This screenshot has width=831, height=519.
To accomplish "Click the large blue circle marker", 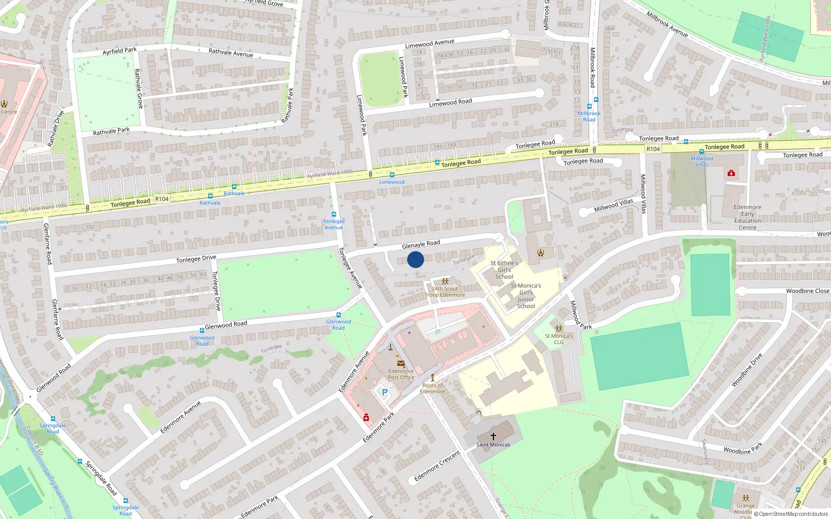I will (415, 259).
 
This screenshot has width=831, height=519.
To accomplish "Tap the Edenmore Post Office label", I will (401, 374).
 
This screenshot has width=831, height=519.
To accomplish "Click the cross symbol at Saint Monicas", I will (493, 436).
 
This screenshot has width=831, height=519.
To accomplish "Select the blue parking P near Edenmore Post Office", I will (385, 392).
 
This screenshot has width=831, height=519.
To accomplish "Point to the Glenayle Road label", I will (421, 244).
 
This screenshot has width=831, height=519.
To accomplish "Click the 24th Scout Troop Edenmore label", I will (445, 292).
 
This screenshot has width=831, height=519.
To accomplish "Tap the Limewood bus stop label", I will (392, 182).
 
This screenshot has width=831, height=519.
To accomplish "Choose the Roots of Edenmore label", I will (433, 388).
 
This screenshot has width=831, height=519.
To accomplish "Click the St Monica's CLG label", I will (559, 339).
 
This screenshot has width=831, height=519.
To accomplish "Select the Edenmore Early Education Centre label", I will (747, 217).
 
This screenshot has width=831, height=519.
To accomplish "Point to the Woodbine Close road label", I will (807, 291).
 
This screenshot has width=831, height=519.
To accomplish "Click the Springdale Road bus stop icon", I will (52, 418).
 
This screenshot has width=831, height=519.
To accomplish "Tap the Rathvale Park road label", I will (111, 131).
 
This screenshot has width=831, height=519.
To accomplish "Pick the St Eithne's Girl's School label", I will (504, 270).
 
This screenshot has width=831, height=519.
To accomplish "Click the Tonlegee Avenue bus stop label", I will (334, 224).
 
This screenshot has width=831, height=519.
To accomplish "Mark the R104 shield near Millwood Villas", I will (653, 149).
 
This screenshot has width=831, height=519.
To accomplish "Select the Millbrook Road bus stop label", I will (589, 116).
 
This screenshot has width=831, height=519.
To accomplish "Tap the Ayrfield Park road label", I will (119, 51).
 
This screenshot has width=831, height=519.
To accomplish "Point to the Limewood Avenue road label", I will (430, 43).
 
